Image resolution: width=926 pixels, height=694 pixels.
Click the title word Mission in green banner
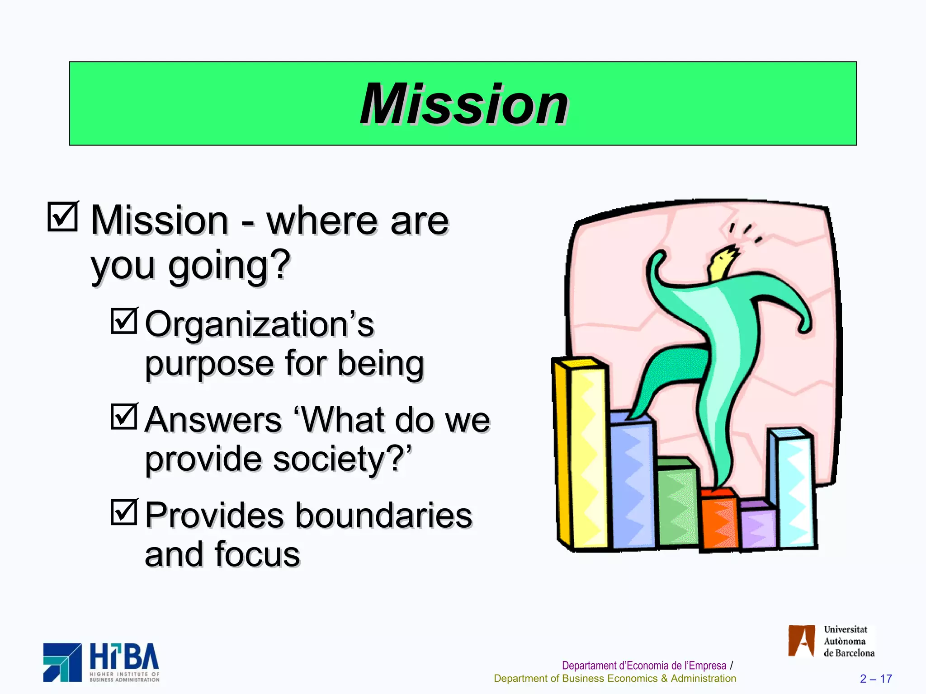463,104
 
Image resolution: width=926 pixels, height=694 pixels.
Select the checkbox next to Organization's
124,321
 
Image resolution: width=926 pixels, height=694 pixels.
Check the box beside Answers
124,416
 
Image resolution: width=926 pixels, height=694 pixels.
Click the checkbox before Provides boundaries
124,512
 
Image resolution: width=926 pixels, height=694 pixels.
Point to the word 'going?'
229,266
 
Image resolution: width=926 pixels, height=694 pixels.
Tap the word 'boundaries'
384,516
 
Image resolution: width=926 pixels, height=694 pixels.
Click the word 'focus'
257,554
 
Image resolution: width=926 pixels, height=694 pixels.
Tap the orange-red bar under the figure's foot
719,522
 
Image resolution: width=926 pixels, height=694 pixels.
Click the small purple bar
758,526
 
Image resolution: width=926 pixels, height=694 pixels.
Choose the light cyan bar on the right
795,490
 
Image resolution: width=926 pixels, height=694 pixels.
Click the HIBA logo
102,662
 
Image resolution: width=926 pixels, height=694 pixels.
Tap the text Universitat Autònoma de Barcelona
848,641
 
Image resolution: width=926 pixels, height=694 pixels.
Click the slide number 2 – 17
876,679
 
